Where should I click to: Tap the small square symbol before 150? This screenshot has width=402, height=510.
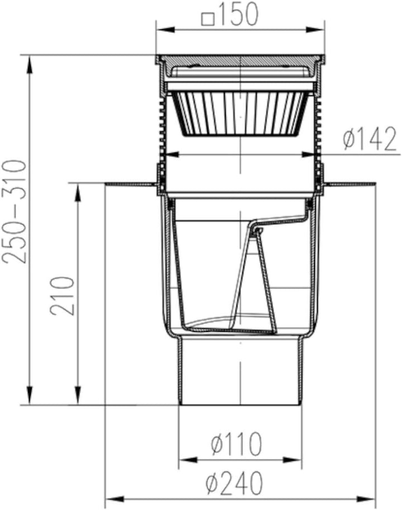208,18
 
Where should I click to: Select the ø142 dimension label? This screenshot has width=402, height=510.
370,139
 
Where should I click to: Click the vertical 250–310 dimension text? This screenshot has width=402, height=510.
14,211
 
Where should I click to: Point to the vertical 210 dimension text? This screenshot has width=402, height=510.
63,295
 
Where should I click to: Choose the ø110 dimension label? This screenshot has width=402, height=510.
236,444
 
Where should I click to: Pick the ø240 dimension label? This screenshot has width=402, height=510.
234,483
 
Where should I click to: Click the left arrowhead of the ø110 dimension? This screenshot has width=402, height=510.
188,460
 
